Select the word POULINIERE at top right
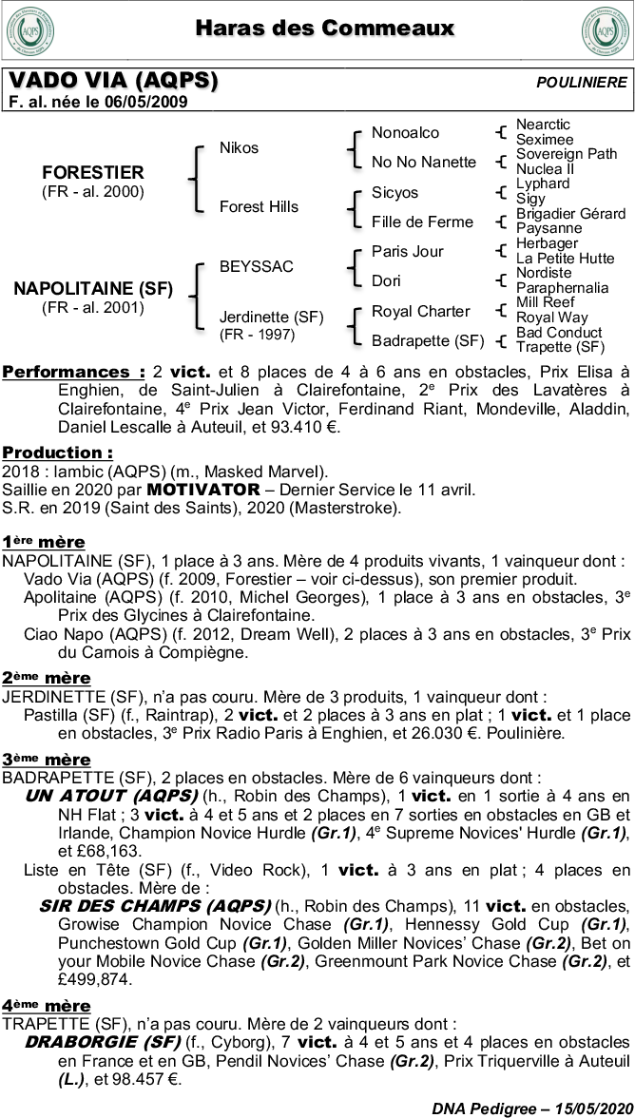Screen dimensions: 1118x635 point(582,83)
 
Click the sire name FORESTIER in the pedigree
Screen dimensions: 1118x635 point(93,172)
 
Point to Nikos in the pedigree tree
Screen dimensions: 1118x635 point(239,147)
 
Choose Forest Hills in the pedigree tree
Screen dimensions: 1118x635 point(259,206)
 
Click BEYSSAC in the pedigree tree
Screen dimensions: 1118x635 point(256,266)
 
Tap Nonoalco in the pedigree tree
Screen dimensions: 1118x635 point(405,132)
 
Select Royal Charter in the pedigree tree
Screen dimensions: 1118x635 point(420,311)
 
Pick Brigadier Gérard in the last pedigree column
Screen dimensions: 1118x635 point(570,214)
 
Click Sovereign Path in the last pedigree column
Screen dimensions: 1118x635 point(567,154)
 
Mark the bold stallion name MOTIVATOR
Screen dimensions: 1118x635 point(203,490)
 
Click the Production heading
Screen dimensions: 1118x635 point(57,453)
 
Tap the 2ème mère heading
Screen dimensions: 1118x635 point(47,678)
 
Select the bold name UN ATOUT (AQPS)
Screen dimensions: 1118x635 point(111,795)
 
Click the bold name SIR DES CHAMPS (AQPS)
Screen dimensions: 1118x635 point(155,905)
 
